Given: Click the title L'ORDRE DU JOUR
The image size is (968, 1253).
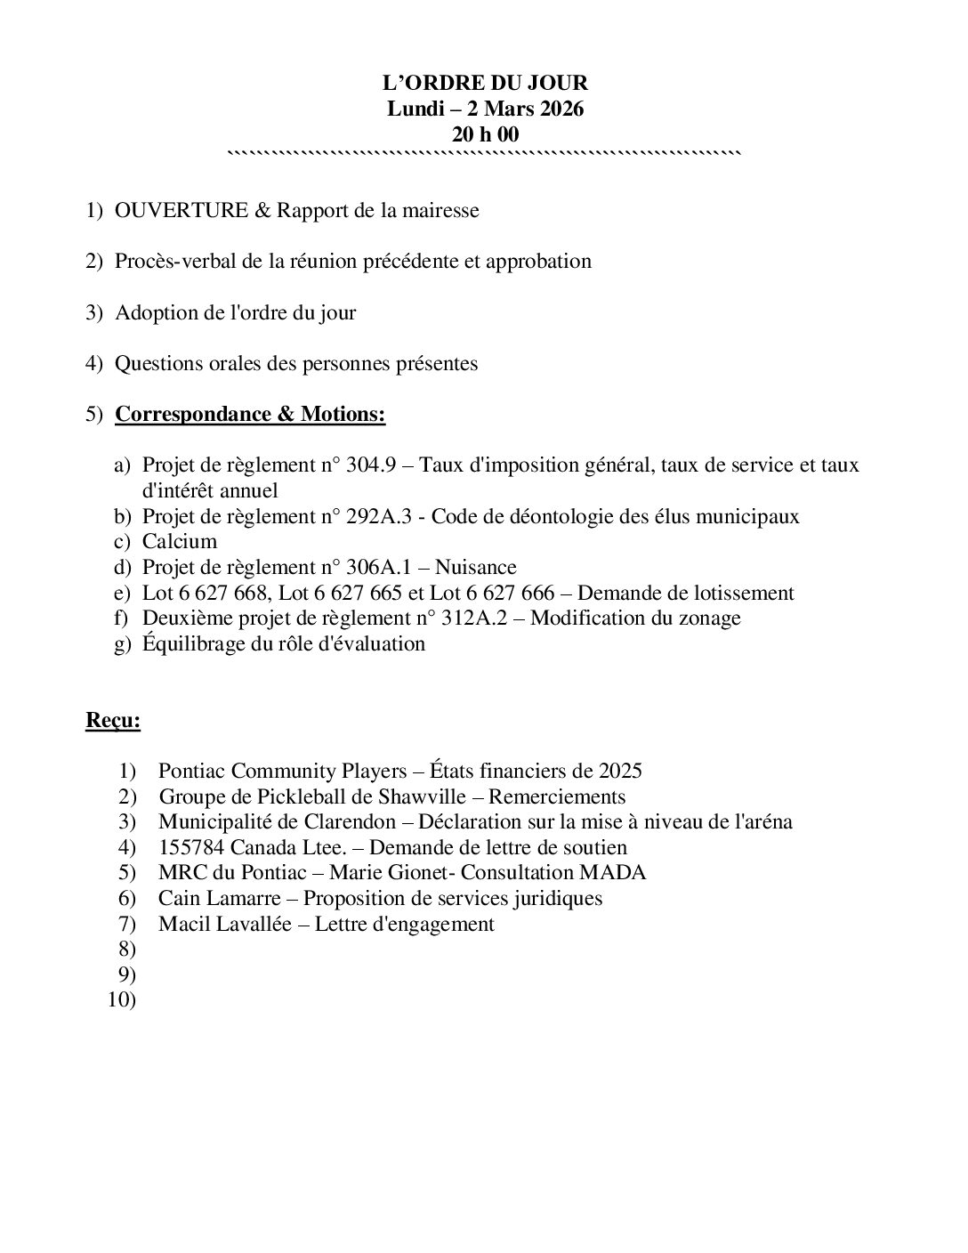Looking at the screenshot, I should click(485, 84).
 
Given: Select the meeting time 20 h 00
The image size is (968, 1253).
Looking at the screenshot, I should click(485, 135).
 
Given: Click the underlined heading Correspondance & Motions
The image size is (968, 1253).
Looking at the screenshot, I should click(250, 415).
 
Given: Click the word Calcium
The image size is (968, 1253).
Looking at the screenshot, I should click(179, 542).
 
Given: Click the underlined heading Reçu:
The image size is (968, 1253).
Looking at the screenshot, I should click(113, 721).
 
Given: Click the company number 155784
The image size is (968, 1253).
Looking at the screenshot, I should click(191, 848).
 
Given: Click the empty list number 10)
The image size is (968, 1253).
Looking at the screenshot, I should click(122, 1000).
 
